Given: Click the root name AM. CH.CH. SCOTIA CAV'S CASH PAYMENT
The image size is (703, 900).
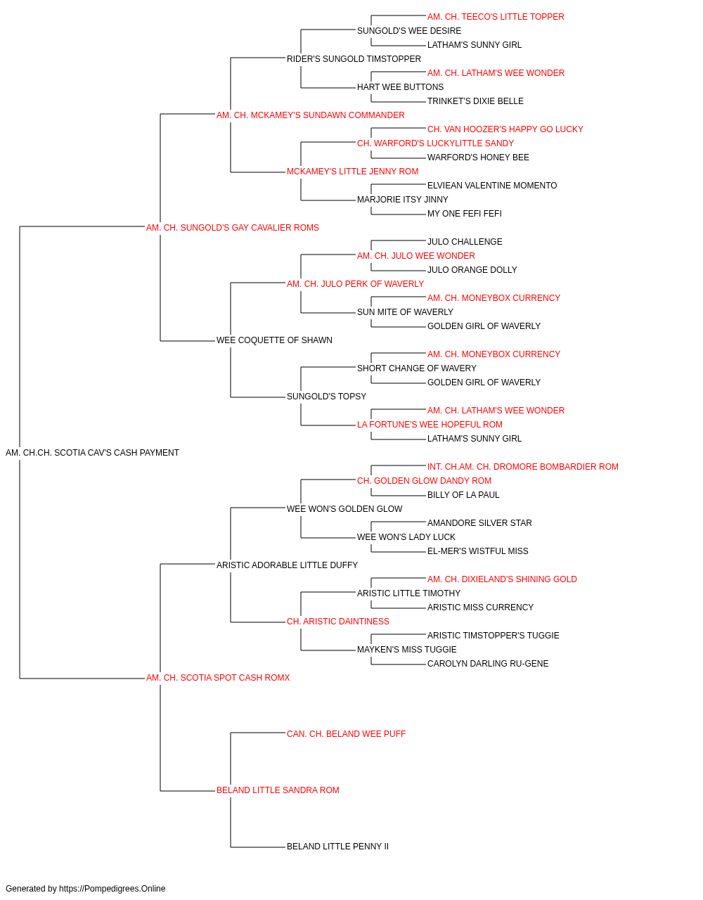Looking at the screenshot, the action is [x=92, y=453].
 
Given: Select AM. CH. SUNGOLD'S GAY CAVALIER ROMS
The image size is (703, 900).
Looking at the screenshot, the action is [x=232, y=228].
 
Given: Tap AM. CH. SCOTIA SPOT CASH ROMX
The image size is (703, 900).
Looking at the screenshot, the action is [x=218, y=678].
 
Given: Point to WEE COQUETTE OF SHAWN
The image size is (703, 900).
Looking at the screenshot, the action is [x=274, y=340].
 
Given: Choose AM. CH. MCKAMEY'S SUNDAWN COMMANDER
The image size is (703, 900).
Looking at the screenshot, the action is [x=311, y=115].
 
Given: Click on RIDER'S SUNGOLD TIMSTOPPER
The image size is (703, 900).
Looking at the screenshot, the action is [x=354, y=59].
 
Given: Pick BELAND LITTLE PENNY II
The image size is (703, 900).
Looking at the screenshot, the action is [x=337, y=846].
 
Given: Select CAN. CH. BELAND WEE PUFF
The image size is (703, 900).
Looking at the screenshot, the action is [x=346, y=734].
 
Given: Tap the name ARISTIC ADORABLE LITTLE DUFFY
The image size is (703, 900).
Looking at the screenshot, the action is [x=287, y=565].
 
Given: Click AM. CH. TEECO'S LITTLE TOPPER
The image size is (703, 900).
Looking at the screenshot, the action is [x=496, y=17].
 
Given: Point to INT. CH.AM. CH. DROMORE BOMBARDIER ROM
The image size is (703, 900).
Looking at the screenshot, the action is [x=523, y=467].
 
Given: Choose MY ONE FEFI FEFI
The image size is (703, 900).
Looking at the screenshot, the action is [x=464, y=214].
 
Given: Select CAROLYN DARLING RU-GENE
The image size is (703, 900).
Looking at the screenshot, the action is [x=488, y=664].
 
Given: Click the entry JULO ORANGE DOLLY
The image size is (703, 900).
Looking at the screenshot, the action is [x=472, y=269].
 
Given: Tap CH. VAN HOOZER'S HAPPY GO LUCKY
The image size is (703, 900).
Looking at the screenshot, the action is [x=505, y=129].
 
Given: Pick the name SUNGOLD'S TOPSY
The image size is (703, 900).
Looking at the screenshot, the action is [x=326, y=397].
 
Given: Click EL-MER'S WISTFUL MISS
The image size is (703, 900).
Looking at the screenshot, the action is [x=478, y=551].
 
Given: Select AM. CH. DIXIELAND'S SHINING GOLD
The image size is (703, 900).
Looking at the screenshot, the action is [x=502, y=579].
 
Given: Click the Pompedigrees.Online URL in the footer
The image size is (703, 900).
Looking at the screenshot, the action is [x=112, y=889].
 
